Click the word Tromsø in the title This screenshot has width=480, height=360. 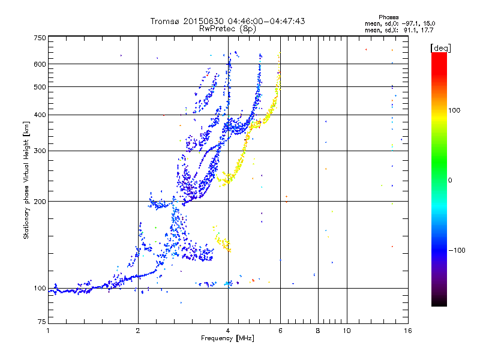166,21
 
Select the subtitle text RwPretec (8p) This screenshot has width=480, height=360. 227,29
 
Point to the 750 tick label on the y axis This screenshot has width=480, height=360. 40,38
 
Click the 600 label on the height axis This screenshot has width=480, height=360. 40,64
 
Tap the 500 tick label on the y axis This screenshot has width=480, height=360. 40,87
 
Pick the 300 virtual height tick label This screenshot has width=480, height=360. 40,151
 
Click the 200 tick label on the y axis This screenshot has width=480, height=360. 40,202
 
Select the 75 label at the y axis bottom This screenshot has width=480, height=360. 42,322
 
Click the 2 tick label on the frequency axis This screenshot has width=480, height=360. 138,331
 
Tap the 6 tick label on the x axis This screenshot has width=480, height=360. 280,331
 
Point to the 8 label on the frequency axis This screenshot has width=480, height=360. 318,331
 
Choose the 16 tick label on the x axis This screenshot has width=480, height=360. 408,331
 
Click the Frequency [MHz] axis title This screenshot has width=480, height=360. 227,338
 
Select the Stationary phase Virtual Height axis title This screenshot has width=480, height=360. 26,180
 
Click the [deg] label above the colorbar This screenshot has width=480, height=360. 440,48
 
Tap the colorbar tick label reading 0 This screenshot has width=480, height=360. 450,181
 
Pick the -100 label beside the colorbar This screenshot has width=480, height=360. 457,250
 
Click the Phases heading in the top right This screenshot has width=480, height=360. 388,17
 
